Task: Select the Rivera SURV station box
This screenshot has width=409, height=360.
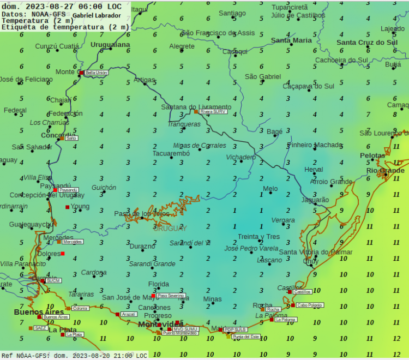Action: click(213, 111)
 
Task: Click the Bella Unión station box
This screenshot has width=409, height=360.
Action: click(97, 72)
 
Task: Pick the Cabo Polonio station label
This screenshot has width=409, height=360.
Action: click(310, 305)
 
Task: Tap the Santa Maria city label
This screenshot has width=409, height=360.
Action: click(291, 40)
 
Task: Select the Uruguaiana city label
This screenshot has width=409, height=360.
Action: click(110, 44)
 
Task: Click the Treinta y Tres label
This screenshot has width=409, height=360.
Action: click(258, 237)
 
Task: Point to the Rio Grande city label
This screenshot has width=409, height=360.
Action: click(386, 171)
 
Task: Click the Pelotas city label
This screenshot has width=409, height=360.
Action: click(372, 155)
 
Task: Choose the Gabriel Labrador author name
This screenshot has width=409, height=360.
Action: click(97, 15)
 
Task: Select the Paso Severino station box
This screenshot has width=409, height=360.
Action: click(171, 296)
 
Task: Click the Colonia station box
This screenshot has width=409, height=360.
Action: click(80, 308)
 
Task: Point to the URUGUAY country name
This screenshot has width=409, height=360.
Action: click(170, 229)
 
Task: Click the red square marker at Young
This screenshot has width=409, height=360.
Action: click(68, 207)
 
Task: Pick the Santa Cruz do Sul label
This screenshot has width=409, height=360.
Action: click(366, 43)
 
